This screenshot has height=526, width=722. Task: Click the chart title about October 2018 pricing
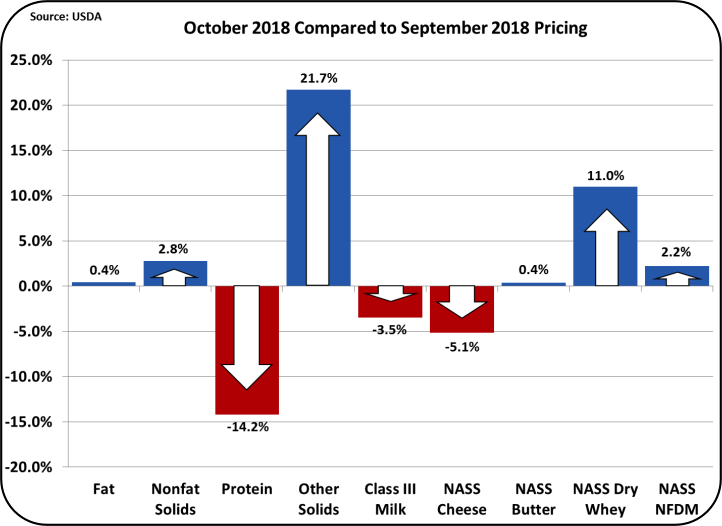pos(385,28)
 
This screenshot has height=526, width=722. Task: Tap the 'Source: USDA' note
pos(66,17)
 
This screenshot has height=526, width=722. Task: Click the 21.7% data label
pos(319,78)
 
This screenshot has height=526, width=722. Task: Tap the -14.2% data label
pos(247,427)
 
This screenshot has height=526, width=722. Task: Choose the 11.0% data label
pos(605,176)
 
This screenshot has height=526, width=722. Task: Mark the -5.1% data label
pos(462,347)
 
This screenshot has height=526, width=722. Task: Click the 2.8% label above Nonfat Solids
pos(173,249)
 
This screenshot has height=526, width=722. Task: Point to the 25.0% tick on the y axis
pos(31,60)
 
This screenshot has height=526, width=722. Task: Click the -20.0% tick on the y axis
pos(29,467)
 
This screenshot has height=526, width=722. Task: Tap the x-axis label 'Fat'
pos(104,489)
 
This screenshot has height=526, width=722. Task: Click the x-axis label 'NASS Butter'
pos(534,499)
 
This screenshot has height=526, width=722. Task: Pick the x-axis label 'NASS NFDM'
pos(677,499)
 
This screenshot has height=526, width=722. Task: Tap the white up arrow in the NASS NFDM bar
pos(677,279)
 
